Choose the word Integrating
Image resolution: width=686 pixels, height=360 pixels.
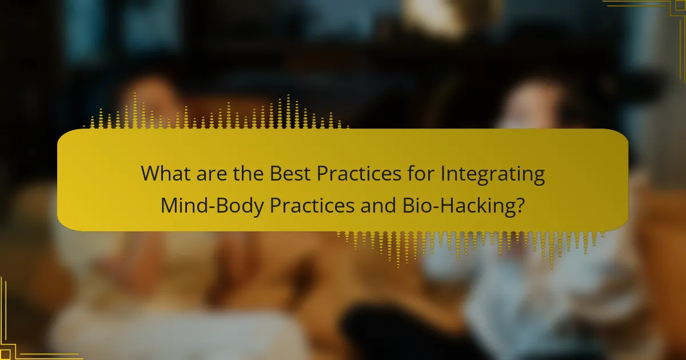tap(488, 174)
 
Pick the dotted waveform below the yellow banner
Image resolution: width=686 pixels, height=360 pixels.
tap(469, 243)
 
